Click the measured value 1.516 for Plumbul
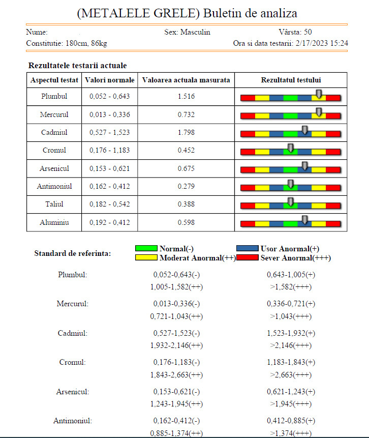(x=186, y=97)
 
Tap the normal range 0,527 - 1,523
(x=110, y=133)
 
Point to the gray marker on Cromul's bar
(x=290, y=148)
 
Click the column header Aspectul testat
(x=54, y=80)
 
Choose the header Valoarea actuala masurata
(x=186, y=80)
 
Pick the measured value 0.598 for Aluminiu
(x=186, y=222)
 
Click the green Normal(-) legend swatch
(x=146, y=249)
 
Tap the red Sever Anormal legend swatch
(x=248, y=258)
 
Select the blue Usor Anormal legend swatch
(x=248, y=249)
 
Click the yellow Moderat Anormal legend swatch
(x=146, y=258)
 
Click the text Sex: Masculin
(x=187, y=32)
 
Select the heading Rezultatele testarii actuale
(x=78, y=66)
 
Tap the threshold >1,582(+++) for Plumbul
(x=291, y=287)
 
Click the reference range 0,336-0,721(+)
(x=291, y=304)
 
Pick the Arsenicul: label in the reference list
(x=73, y=392)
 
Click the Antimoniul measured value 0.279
(x=186, y=187)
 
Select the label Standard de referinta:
(x=72, y=253)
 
